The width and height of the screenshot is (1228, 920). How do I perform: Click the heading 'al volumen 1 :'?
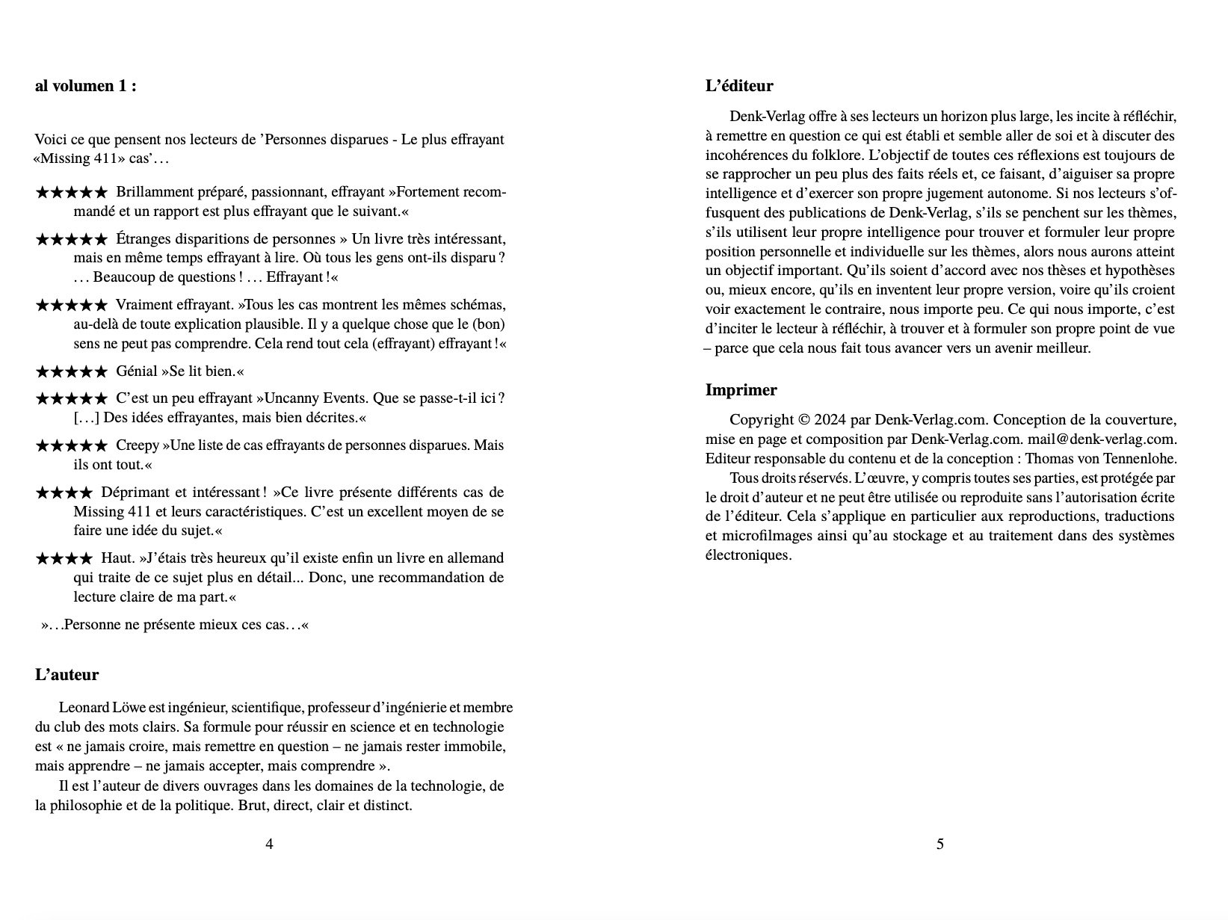(x=85, y=86)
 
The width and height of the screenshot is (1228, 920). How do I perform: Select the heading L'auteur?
(x=67, y=675)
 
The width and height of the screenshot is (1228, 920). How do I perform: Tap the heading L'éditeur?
(x=738, y=86)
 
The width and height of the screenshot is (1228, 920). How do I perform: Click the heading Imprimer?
(x=741, y=390)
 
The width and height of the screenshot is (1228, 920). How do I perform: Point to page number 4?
(x=269, y=845)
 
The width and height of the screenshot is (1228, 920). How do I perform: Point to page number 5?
(x=939, y=845)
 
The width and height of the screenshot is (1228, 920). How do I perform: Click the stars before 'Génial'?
(x=71, y=371)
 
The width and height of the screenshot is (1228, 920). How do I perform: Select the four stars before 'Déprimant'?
(x=64, y=493)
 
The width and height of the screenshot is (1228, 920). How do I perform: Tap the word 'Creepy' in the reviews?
(x=137, y=445)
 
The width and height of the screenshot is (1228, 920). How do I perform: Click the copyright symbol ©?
(x=804, y=420)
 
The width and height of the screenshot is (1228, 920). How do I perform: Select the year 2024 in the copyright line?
(x=830, y=420)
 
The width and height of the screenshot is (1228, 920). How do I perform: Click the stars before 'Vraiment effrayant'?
(x=71, y=306)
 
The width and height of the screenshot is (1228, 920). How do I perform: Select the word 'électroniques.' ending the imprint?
(x=747, y=555)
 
